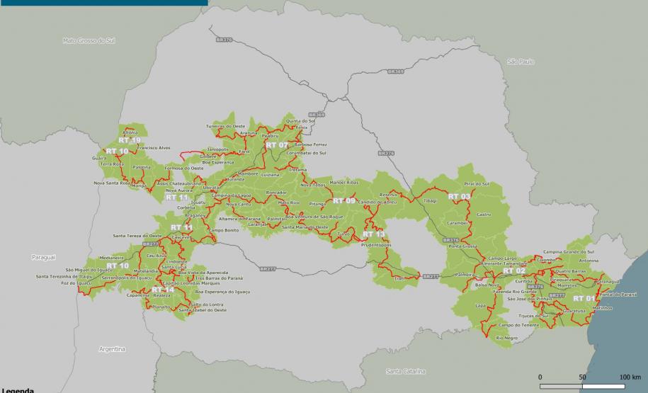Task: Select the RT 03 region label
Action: click(459, 196)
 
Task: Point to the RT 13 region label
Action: click(373, 234)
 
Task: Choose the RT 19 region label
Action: click(130, 140)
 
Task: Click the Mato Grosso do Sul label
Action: click(89, 42)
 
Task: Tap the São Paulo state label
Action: click(521, 62)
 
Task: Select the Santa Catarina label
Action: click(404, 371)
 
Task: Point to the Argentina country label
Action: click(112, 349)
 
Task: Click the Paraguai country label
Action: click(42, 257)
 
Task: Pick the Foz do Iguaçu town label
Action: click(78, 283)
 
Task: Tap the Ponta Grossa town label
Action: click(464, 246)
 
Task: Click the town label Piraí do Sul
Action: click(477, 184)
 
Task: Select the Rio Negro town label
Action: click(506, 338)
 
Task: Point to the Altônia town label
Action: click(130, 132)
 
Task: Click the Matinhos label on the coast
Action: click(602, 308)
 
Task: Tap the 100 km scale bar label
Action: click(630, 377)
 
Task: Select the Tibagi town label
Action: click(430, 200)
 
